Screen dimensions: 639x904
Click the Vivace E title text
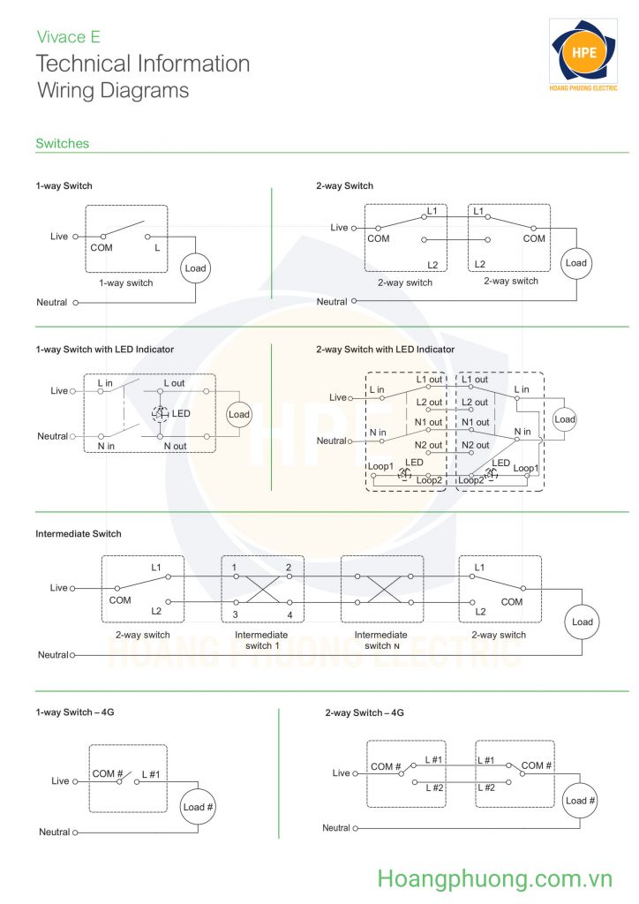[69, 37]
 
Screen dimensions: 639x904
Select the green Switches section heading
[63, 144]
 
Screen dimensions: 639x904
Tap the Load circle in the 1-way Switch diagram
[195, 268]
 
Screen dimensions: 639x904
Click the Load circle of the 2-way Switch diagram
[576, 263]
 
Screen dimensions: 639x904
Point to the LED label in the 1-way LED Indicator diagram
[180, 413]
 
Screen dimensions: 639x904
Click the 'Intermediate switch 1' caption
[261, 640]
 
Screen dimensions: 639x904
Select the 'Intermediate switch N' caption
[381, 640]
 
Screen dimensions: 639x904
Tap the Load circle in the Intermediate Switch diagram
[582, 622]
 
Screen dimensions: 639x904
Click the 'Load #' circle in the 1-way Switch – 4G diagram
[198, 807]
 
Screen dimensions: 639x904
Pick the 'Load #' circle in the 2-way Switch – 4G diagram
[580, 801]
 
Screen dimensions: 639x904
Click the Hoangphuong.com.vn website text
[494, 878]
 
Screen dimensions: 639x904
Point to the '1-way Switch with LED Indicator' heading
[105, 350]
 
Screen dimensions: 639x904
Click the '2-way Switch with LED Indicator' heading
[386, 350]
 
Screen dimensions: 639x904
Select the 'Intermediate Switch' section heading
[79, 534]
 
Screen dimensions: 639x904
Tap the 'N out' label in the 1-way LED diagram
[175, 446]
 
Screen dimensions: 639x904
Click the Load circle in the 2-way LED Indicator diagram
[565, 419]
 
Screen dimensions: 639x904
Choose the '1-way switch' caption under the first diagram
[126, 283]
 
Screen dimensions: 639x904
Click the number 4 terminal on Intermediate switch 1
[289, 615]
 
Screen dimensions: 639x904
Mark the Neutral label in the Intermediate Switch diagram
[53, 655]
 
